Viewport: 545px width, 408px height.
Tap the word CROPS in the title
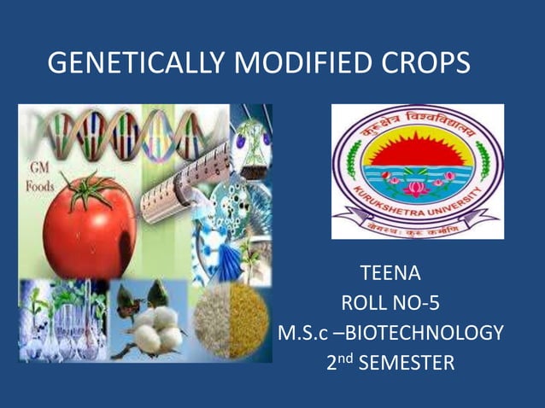click(x=428, y=63)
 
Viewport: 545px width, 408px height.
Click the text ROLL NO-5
click(x=390, y=304)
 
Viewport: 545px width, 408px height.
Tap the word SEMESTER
click(x=406, y=363)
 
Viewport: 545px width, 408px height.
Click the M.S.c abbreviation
click(x=302, y=333)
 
